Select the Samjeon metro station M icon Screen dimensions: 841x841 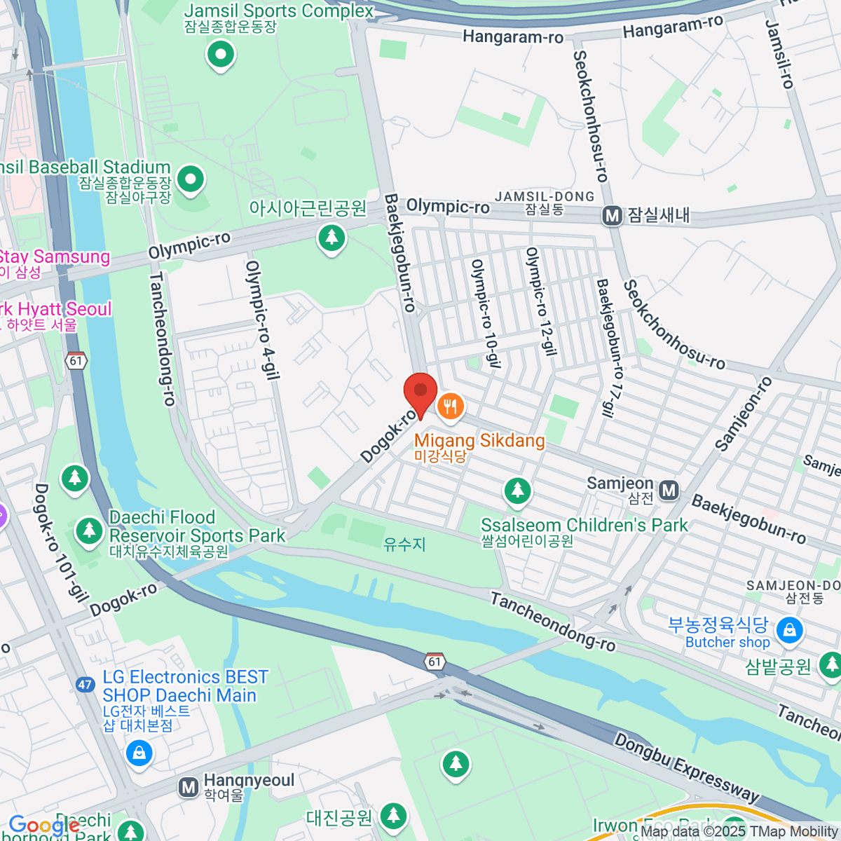coord(669,491)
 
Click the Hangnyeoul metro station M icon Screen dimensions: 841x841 coord(188,788)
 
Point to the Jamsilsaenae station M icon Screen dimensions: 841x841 coord(613,216)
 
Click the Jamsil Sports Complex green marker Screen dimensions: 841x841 coord(221,55)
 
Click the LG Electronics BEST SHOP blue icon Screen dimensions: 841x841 coord(139,754)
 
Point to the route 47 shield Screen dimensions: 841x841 coord(86,685)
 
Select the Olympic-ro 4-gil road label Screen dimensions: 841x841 coord(263,320)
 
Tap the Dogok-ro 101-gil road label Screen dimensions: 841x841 coord(61,542)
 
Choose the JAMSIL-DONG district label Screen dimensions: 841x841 coord(545,197)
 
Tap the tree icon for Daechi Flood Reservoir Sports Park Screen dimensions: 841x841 coord(89,530)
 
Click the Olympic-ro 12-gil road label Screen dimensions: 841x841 coord(540,301)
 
